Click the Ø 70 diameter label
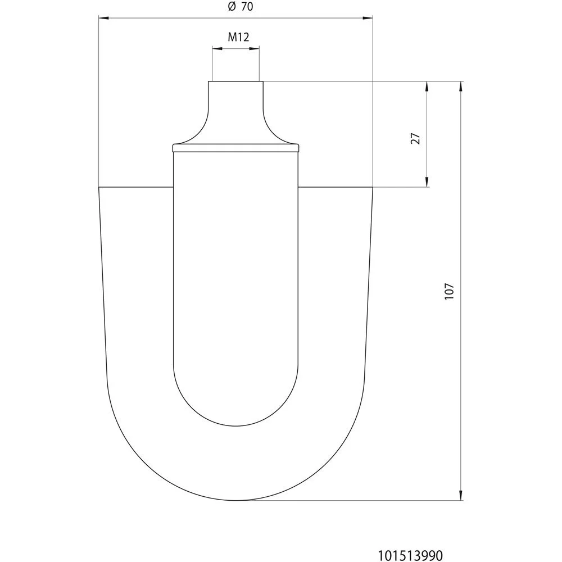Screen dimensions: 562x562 click(240, 6)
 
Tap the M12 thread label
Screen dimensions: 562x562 click(238, 37)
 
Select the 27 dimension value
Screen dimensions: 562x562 click(415, 138)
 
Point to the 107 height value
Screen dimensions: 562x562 click(449, 291)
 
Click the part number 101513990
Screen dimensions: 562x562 click(410, 555)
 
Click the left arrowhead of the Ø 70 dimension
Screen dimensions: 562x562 click(103, 17)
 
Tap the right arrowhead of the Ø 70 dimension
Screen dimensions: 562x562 click(368, 17)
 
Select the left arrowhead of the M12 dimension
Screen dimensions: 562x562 click(217, 48)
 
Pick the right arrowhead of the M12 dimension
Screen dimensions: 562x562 click(255, 48)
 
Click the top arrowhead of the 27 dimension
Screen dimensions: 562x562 click(427, 87)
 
